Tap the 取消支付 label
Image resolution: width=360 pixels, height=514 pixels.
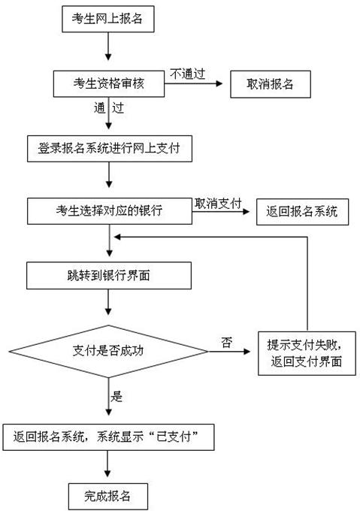pos(217,204)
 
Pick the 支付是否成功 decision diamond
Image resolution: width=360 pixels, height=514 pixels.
pos(110,351)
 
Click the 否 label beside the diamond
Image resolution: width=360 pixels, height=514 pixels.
pos(225,343)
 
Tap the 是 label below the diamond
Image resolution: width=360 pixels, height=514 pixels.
pos(116,397)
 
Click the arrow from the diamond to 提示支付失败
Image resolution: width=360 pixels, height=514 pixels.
pos(233,351)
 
